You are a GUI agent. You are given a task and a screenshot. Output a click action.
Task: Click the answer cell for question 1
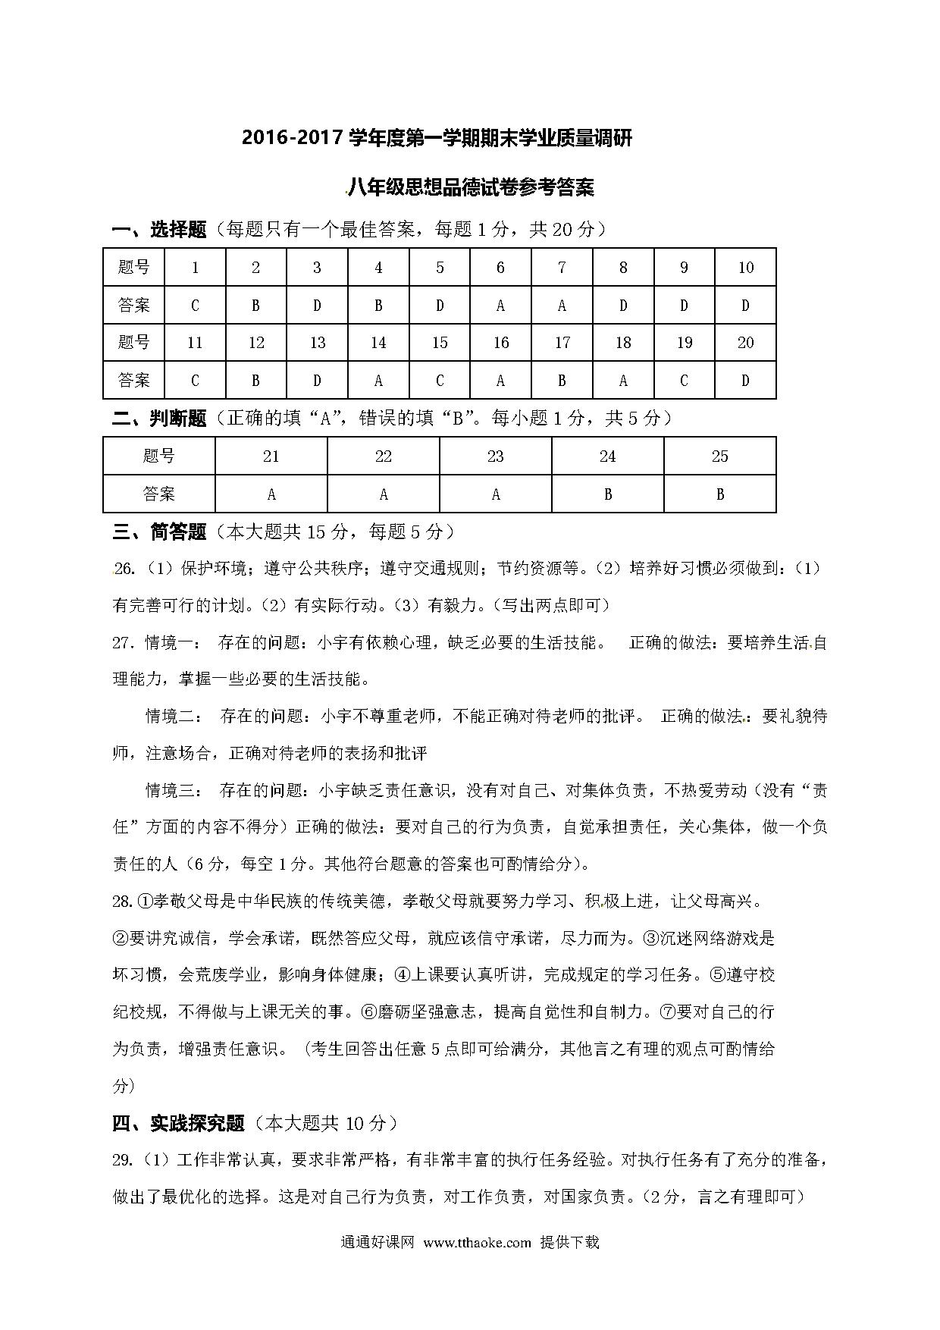[x=195, y=306]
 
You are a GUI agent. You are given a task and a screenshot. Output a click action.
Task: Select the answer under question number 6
[x=500, y=306]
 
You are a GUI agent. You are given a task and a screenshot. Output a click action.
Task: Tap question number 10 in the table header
[x=745, y=268]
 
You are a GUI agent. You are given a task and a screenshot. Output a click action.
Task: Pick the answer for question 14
[x=378, y=381]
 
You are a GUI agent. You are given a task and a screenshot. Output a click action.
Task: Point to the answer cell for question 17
[x=562, y=381]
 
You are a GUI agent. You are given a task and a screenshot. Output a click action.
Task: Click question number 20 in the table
[x=745, y=343]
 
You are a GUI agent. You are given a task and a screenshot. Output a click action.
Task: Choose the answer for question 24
[x=607, y=494]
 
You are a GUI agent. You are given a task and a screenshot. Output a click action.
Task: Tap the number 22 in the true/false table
[x=384, y=456]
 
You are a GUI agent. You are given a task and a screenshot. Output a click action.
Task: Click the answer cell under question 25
[x=719, y=494]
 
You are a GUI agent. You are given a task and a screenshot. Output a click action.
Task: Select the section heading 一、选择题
[x=159, y=230]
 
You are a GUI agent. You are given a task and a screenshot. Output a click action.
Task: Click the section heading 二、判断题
[x=159, y=419]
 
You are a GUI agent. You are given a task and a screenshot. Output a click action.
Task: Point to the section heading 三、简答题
[x=159, y=532]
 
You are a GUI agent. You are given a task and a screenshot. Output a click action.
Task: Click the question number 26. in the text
[x=124, y=569]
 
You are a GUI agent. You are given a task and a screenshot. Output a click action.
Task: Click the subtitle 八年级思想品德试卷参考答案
[x=471, y=187]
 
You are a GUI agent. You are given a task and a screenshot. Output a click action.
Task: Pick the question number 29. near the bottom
[x=124, y=1160]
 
